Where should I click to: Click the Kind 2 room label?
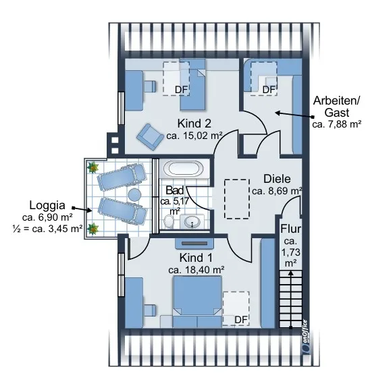pos(194,123)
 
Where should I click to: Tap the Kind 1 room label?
pos(196,258)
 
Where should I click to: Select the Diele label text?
pos(277,179)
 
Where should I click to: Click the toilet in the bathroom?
pos(169,221)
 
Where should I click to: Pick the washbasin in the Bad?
pos(192,221)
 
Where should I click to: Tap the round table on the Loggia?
pos(134,194)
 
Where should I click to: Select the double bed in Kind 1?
pos(197,302)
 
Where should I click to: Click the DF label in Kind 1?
pos(241,320)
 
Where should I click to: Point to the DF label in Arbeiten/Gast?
pos(269,90)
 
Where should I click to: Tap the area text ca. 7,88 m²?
pos(337,124)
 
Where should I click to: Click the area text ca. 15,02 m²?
pos(194,136)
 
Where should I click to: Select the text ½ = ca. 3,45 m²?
pos(47,228)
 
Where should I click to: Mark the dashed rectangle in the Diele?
pos(237,199)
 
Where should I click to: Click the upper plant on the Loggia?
pos(93,167)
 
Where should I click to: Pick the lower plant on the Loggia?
pos(93,229)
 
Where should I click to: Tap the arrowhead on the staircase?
pos(290,273)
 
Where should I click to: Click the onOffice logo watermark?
pos(305,336)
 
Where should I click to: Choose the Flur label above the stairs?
pos(290,229)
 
